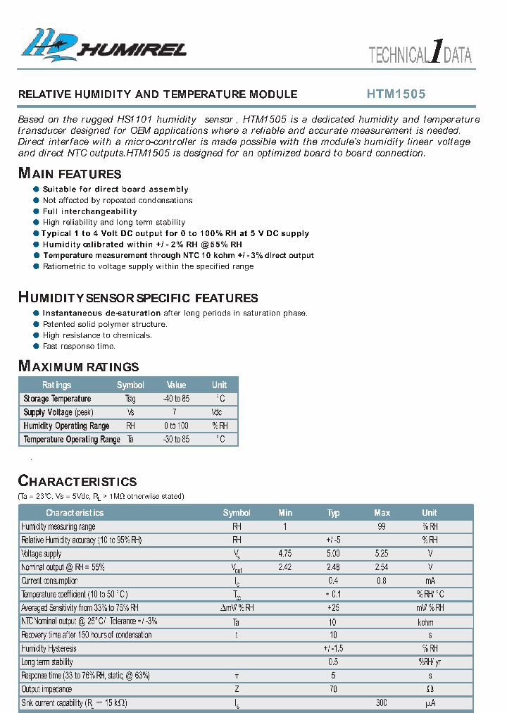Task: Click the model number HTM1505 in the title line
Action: coord(396,94)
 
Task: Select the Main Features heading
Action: coord(70,173)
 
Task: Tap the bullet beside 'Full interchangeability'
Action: coord(37,211)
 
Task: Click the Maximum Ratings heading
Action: coord(78,366)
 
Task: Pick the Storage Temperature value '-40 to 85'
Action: coord(176,399)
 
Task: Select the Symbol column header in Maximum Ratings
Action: coord(130,385)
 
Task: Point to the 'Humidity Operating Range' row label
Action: coord(66,426)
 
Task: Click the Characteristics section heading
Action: coord(77,481)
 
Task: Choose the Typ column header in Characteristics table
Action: coord(333,513)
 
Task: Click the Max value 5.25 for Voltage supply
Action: coord(382,554)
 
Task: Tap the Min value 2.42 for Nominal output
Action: coord(285,567)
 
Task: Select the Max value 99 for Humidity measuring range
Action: coord(382,526)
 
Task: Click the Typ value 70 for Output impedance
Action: coord(333,689)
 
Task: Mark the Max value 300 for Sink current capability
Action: coord(382,702)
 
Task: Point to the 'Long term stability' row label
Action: coord(49,662)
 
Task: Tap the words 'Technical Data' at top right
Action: coord(420,55)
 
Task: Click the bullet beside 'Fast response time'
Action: coord(37,346)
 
